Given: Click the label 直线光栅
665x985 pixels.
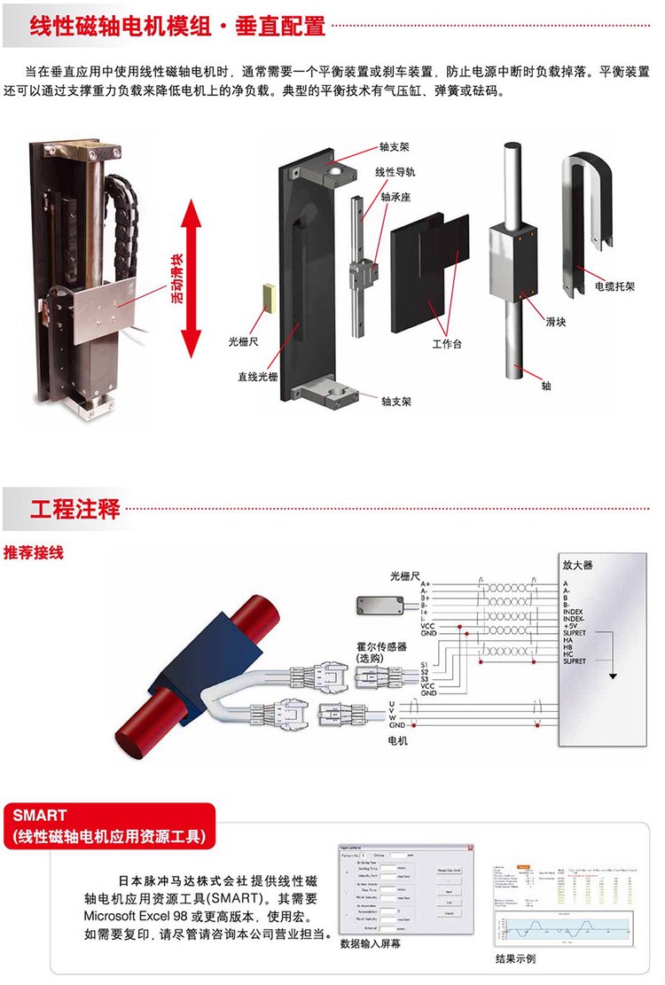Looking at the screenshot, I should pos(257,374).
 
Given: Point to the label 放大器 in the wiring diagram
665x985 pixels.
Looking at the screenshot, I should pos(577,564).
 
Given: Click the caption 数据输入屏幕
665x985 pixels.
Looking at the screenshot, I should pos(376,944).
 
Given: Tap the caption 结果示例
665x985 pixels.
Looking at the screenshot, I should pos(515,958).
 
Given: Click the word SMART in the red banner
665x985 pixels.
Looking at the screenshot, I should pos(41,814).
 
